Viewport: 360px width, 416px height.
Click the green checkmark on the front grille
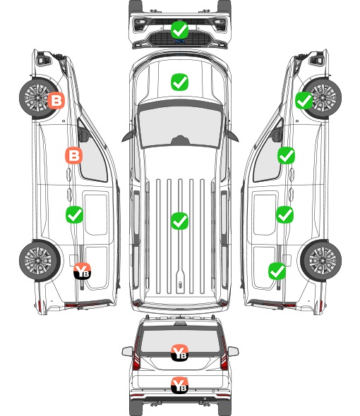click(179, 30)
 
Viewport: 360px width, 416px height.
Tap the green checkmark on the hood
click(179, 82)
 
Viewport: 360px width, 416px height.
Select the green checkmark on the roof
click(179, 221)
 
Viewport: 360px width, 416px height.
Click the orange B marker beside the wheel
click(56, 100)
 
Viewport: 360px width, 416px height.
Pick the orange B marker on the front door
click(73, 155)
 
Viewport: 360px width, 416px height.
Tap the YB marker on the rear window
click(179, 353)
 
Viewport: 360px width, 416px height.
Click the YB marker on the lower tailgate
click(179, 385)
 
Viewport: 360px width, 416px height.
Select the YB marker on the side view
click(83, 271)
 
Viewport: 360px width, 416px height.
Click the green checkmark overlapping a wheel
click(304, 101)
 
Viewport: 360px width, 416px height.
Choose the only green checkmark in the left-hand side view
click(74, 214)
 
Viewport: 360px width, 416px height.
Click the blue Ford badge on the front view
click(179, 41)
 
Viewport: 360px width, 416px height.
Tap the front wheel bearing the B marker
click(38, 98)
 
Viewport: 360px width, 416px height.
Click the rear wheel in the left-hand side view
click(40, 260)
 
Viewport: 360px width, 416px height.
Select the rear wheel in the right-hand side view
click(321, 260)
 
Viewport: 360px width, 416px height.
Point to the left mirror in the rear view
click(127, 351)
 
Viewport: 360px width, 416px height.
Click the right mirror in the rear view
click(233, 351)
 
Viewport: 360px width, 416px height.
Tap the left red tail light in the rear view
click(136, 354)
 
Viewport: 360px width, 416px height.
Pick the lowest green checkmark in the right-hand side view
click(277, 271)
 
